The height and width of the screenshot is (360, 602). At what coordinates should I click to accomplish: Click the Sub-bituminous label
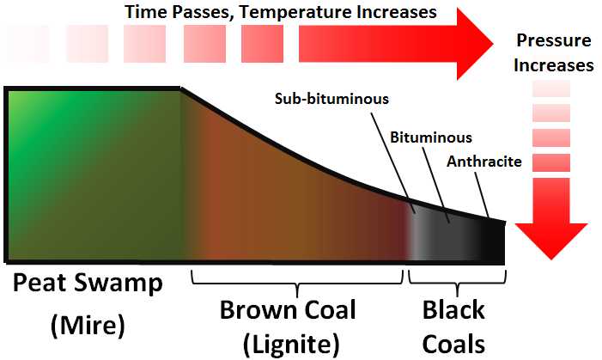331,98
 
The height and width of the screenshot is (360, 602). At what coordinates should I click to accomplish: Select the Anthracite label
485,161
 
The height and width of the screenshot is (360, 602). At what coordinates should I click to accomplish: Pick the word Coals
453,344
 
